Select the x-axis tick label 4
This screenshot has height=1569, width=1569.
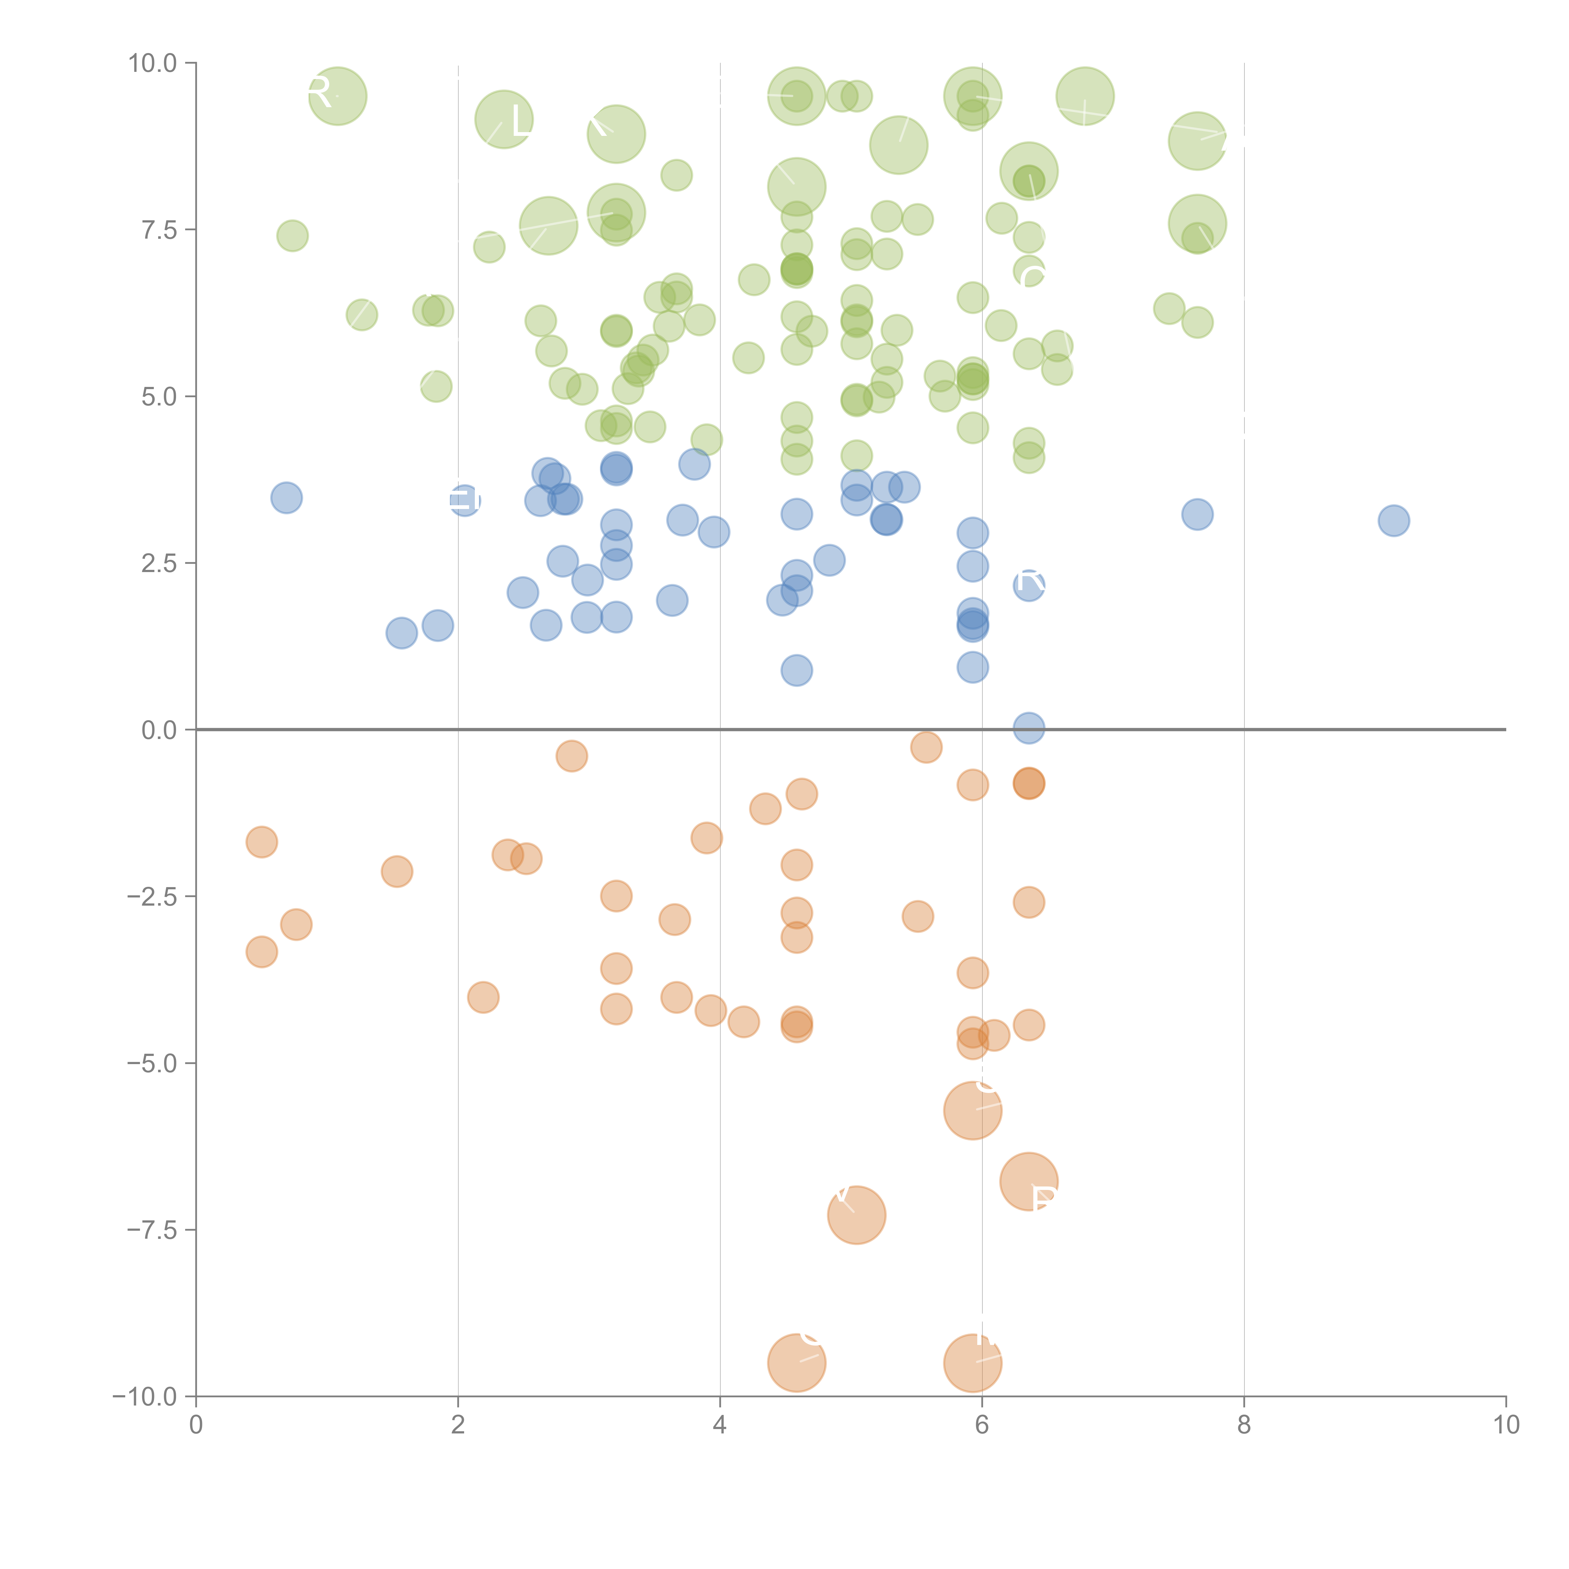coord(720,1425)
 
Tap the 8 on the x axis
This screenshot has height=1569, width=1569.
coord(1243,1425)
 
